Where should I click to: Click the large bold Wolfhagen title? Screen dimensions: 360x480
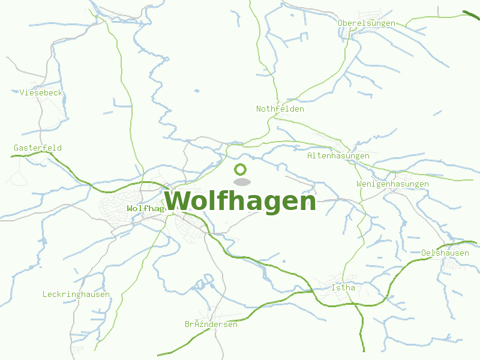240,202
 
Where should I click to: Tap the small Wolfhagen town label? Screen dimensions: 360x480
145,208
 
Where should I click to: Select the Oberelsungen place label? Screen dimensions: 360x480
367,23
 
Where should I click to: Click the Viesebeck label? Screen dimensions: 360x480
41,93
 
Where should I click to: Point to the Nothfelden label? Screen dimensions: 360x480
280,109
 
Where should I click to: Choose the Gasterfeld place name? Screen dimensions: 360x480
38,148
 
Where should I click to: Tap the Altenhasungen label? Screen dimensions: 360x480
338,156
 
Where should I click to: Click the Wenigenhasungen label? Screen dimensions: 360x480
392,184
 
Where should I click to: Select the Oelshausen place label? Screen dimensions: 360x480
445,253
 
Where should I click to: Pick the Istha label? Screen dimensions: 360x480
343,288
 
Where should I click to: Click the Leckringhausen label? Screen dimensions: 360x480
76,295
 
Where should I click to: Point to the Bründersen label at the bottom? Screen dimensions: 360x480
211,325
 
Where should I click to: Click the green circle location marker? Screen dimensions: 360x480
241,169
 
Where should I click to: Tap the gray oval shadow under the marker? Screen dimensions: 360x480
241,182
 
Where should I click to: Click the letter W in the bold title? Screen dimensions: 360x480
177,202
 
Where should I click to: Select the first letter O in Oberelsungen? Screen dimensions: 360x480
341,23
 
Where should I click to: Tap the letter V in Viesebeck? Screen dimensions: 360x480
22,93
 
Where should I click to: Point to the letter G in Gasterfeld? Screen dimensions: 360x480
17,148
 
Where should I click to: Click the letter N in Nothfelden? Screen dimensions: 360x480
259,109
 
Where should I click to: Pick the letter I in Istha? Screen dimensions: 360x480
334,288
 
